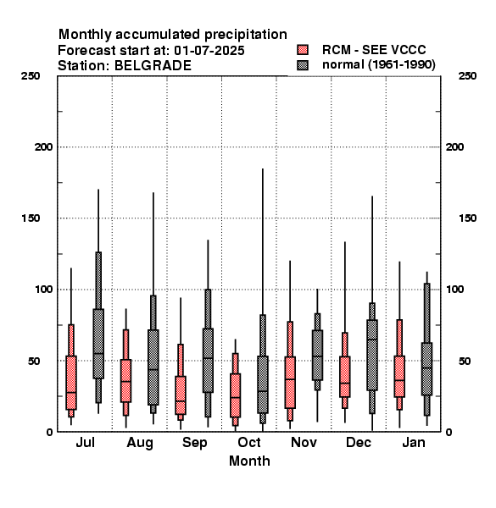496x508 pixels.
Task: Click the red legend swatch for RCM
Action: (303, 50)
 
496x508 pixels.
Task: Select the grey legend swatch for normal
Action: (303, 65)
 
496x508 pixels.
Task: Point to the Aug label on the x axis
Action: (140, 443)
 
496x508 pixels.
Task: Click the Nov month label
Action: (304, 442)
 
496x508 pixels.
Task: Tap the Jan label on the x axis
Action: (414, 442)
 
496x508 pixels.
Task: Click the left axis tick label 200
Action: (43, 147)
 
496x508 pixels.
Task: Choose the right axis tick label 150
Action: (467, 218)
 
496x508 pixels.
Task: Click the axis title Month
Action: (249, 461)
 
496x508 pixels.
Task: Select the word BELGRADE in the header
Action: (153, 66)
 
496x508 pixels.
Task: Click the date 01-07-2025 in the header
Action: (209, 51)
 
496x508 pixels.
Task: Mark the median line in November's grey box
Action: (318, 356)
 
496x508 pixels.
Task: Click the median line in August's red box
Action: (125, 381)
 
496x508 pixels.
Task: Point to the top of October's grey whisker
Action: (263, 168)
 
